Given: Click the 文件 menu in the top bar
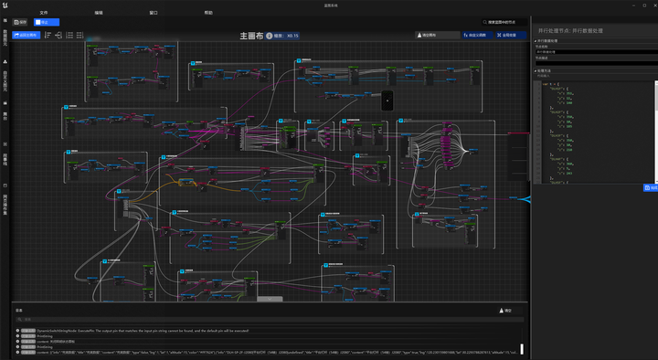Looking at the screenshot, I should pos(43,13).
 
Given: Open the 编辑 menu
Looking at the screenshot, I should pos(99,13).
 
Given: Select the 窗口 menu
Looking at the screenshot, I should pos(154,13).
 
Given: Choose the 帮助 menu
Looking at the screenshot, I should pos(208,13).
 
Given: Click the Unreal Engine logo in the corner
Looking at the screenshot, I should pos(5,5).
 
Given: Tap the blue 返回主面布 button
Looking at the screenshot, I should pos(27,36).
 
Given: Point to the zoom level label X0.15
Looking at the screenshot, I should pos(292,36).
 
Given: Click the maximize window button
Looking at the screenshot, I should pos(636,5).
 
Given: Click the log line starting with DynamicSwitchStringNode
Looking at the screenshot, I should pos(137,330).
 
